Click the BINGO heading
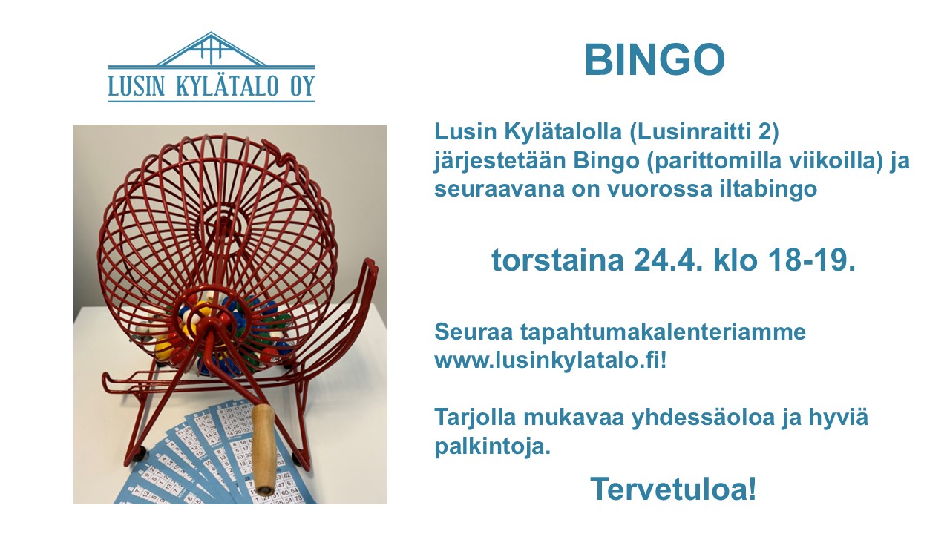655,60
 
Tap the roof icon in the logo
212,49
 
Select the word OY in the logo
302,86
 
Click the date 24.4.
664,260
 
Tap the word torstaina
557,260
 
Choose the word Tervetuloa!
673,489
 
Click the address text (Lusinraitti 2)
704,132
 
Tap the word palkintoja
492,446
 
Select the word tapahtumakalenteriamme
663,332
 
